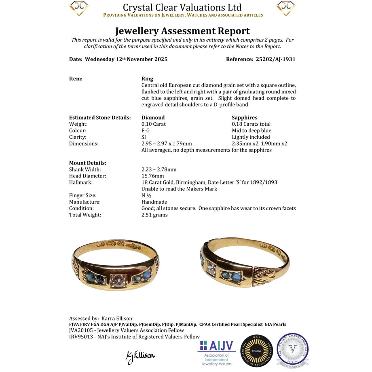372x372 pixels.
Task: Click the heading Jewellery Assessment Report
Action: point(182,31)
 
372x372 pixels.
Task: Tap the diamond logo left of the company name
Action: point(79,8)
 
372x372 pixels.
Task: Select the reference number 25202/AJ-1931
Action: point(276,59)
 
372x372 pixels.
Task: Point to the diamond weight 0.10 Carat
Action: point(154,124)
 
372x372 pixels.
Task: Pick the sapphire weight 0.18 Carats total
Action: point(251,124)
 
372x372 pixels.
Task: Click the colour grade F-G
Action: point(146,131)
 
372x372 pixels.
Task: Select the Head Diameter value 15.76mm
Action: point(153,176)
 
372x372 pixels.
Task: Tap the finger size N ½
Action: point(146,195)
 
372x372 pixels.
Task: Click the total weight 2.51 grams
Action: point(154,215)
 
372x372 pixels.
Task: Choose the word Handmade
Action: point(154,202)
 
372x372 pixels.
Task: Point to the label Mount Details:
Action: point(88,163)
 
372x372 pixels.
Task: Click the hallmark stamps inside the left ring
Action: point(117,245)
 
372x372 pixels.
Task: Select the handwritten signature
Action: point(140,356)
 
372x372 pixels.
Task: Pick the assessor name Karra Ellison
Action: point(117,318)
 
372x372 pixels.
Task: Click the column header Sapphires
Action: point(245,118)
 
